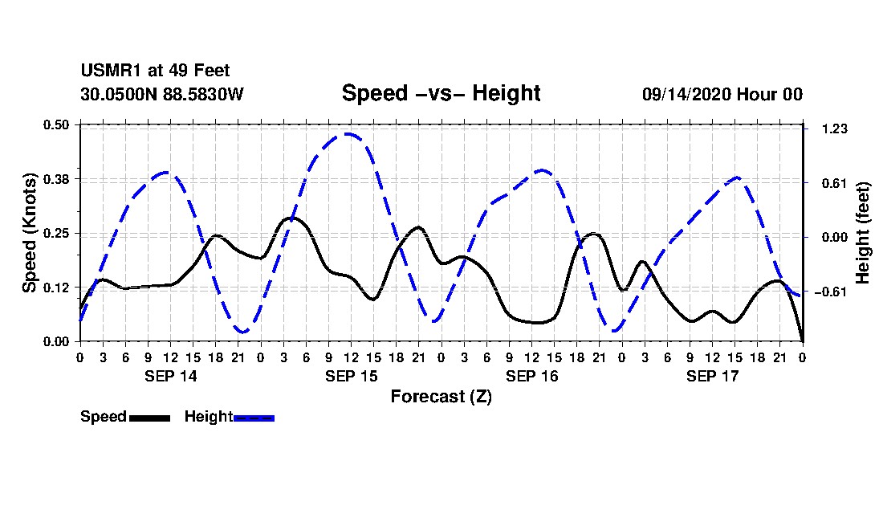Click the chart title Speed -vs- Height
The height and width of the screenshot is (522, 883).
point(441,93)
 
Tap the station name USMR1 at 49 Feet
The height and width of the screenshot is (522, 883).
point(155,71)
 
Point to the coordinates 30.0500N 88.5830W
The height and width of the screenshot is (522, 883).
point(162,94)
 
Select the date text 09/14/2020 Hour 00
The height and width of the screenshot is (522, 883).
point(722,94)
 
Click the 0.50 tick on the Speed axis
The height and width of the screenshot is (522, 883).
point(57,124)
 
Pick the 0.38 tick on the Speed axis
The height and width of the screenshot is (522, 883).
point(57,179)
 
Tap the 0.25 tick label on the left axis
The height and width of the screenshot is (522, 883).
point(57,233)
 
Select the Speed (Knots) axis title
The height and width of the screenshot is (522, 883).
point(30,233)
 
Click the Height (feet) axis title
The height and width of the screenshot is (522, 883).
point(864,233)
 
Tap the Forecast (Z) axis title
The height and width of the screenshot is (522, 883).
point(441,397)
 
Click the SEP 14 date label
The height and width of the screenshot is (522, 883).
point(170,376)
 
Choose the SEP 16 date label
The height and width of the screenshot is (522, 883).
point(531,376)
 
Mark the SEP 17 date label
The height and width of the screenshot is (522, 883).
point(712,376)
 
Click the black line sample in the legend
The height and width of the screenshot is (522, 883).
point(149,418)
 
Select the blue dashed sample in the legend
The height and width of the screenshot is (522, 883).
point(254,418)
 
